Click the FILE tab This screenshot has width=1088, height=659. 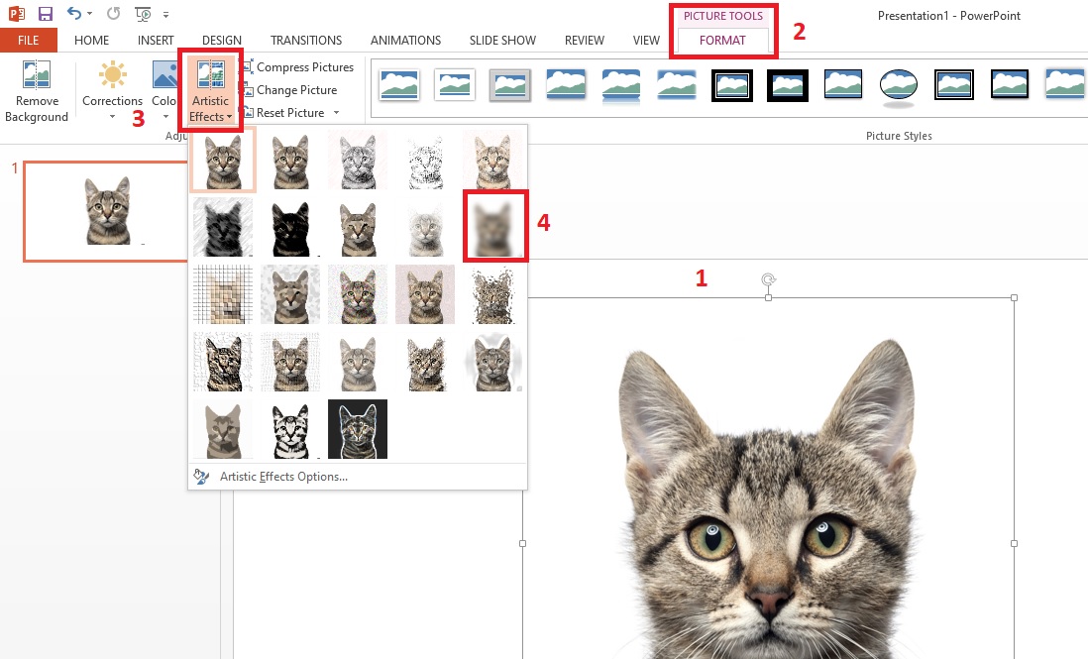click(x=28, y=41)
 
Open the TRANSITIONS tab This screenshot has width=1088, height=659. click(x=305, y=41)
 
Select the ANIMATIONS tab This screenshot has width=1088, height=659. click(x=405, y=41)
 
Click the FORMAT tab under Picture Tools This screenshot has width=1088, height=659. click(x=722, y=41)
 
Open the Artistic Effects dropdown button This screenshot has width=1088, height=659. click(x=210, y=91)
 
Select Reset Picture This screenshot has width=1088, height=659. click(x=289, y=113)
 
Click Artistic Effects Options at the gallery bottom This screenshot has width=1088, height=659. click(x=283, y=477)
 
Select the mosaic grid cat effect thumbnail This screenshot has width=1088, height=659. click(x=223, y=294)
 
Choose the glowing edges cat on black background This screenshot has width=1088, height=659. click(x=358, y=429)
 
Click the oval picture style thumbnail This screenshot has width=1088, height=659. click(x=899, y=86)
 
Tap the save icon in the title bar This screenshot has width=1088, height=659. click(x=46, y=14)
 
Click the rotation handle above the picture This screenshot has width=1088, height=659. click(x=768, y=280)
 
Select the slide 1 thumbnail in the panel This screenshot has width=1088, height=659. click(x=107, y=211)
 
